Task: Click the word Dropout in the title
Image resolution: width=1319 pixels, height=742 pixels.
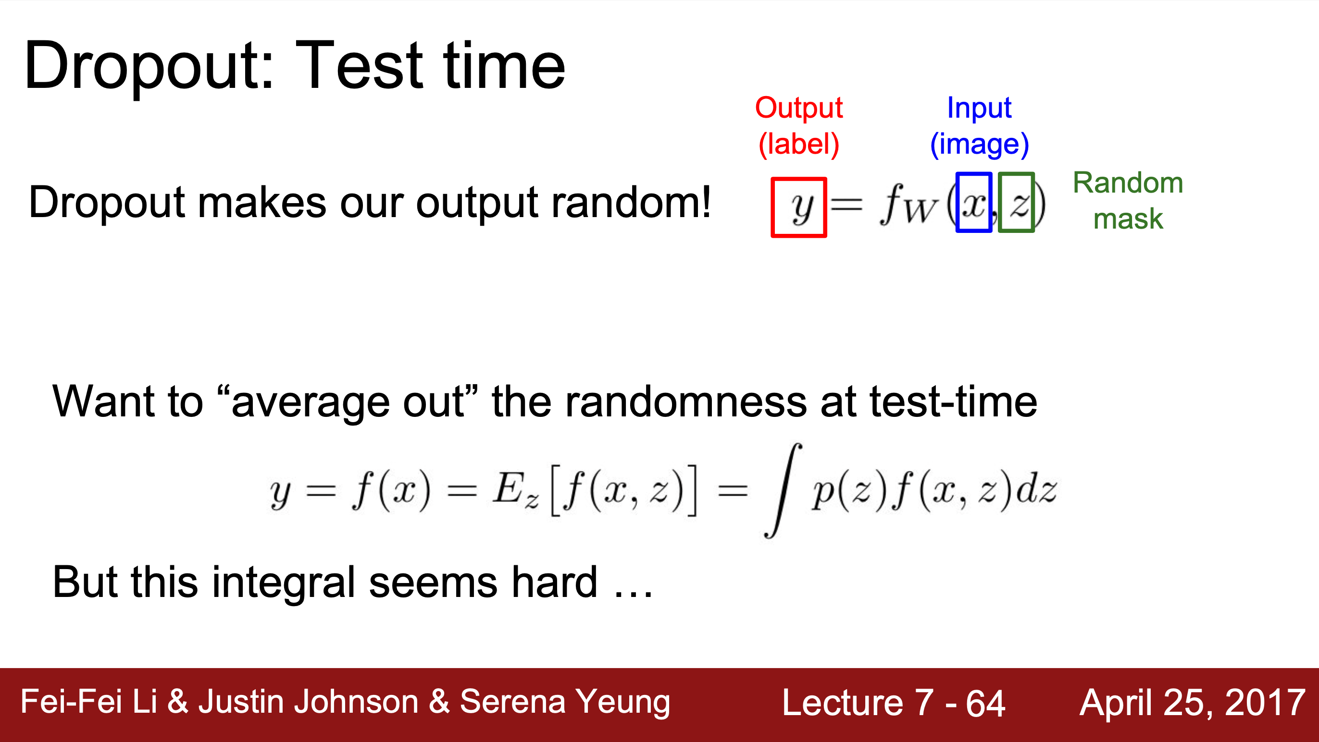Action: click(149, 67)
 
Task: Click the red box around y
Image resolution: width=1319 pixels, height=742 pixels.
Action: click(772, 207)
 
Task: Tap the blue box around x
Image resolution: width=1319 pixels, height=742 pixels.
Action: click(958, 202)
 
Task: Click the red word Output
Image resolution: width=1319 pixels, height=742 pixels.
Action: click(799, 108)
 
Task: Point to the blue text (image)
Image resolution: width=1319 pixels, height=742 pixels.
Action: click(980, 144)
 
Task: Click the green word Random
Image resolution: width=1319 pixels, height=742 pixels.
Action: click(1128, 182)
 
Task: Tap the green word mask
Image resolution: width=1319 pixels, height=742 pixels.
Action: click(1128, 219)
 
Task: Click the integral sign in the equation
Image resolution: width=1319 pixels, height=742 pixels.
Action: click(783, 490)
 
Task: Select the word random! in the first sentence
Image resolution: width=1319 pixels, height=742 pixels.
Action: click(631, 203)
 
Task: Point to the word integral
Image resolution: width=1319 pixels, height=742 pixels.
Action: click(284, 583)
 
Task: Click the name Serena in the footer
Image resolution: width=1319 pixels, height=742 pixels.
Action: click(512, 702)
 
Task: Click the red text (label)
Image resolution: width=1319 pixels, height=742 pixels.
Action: click(799, 144)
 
